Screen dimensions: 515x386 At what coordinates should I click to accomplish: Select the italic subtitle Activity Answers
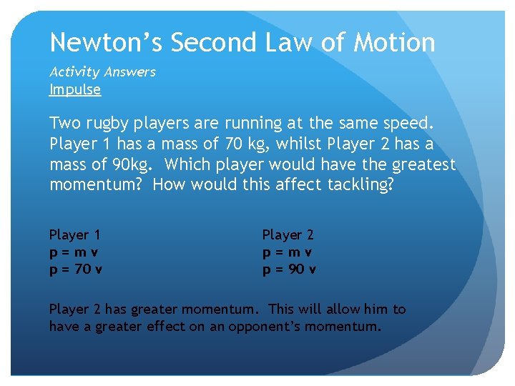coord(102,71)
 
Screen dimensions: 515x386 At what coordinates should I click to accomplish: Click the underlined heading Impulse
coord(75,89)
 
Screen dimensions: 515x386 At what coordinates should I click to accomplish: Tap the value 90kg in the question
coord(129,164)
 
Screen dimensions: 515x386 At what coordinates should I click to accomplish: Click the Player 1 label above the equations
coord(75,234)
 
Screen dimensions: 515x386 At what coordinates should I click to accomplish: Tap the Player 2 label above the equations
coord(288,234)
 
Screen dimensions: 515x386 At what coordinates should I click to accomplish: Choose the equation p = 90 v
coord(289,269)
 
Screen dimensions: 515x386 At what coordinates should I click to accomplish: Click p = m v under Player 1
coord(74,252)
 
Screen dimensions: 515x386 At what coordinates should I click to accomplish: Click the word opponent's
coord(262,327)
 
